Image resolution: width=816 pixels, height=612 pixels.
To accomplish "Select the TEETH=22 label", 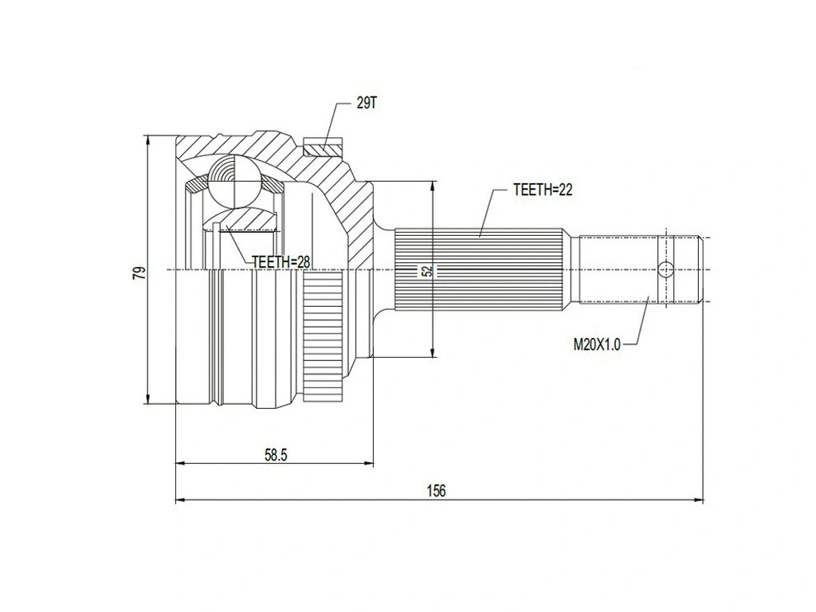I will pos(543,190).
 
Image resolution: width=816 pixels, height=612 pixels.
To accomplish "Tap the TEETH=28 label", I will pos(280,261).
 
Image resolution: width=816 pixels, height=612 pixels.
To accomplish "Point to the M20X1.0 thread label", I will pos(595,344).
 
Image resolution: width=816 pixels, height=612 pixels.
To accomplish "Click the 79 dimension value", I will pos(139,273).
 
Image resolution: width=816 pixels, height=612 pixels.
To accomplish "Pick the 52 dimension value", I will pos(428,271).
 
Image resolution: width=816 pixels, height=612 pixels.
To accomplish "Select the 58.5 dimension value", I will pos(275,455).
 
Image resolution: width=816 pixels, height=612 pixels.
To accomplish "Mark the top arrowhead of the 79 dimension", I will pos(148,139).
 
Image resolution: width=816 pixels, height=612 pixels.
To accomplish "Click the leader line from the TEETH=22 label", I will pos(487,212).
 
